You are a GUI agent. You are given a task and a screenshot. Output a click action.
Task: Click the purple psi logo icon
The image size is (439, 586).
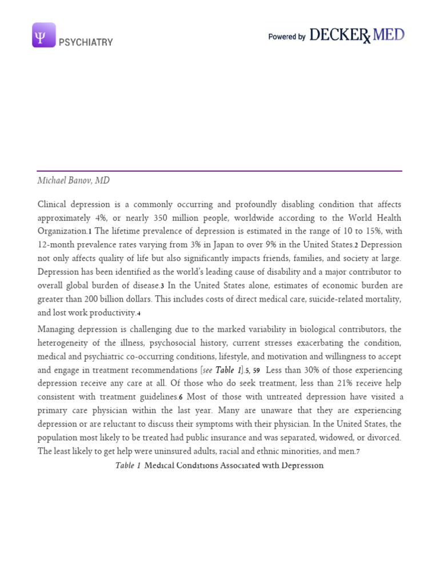click(x=44, y=35)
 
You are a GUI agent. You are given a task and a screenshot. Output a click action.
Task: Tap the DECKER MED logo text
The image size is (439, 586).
click(x=357, y=35)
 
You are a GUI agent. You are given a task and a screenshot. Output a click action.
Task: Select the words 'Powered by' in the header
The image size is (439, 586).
click(x=286, y=37)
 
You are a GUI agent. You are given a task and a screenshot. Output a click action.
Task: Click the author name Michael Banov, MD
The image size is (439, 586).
click(x=73, y=181)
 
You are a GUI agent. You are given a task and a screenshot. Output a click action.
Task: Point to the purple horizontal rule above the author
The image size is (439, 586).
click(x=219, y=171)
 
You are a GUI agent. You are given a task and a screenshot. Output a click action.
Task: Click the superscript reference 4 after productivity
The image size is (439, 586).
click(x=139, y=314)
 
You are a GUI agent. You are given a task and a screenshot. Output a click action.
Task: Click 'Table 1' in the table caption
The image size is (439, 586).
click(x=128, y=466)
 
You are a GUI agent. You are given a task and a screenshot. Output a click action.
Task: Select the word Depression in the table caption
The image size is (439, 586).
click(x=301, y=466)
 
